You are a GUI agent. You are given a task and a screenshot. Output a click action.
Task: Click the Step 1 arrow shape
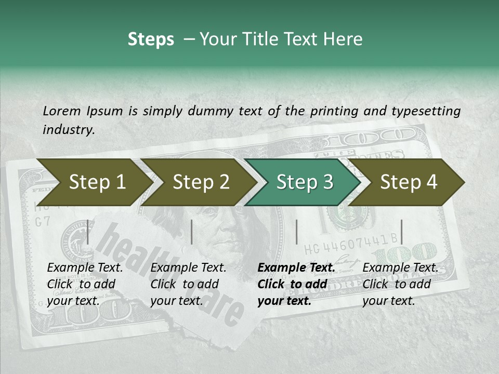click(94, 182)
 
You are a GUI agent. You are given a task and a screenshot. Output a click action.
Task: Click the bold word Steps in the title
click(151, 39)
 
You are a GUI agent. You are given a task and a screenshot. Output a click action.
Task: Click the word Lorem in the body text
click(62, 111)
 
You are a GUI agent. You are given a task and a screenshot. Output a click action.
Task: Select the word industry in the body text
click(68, 129)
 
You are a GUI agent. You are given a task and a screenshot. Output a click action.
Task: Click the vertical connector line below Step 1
click(88, 232)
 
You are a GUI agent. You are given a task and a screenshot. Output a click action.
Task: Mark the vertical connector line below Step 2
click(192, 232)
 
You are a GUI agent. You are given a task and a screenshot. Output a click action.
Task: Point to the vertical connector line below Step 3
click(296, 232)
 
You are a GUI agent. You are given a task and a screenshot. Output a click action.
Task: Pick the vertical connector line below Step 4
click(401, 232)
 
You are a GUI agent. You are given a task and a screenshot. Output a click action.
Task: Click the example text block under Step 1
click(85, 284)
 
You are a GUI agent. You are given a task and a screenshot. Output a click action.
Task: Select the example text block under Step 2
click(188, 284)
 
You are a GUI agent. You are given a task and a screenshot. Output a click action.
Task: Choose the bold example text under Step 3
click(296, 284)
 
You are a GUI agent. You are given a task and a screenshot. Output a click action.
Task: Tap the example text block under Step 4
click(400, 284)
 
